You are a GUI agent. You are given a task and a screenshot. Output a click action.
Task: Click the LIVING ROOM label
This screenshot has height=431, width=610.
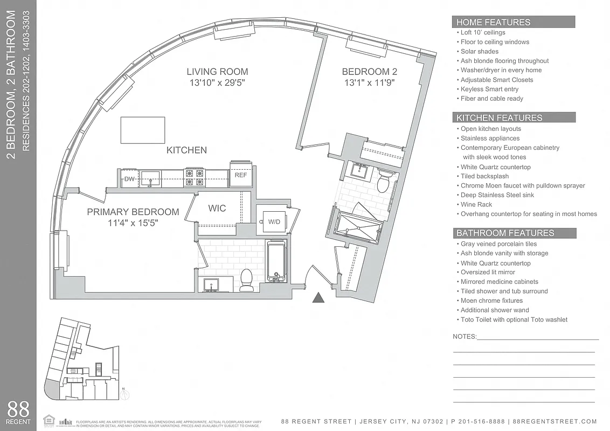[217, 72]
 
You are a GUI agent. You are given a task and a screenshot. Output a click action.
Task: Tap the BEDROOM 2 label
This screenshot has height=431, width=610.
[365, 72]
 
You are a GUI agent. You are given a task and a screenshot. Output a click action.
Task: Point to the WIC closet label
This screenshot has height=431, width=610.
[217, 208]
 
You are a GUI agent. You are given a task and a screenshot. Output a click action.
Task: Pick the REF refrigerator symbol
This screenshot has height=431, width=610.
[240, 175]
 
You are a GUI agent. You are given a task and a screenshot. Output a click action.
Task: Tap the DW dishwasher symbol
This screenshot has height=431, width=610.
[129, 179]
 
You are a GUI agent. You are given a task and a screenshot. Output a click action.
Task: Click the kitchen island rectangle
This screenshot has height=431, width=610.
[142, 130]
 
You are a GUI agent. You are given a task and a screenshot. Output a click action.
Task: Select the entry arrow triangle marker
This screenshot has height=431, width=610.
[318, 297]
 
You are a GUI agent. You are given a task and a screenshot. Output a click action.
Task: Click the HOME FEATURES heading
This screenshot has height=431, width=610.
[493, 22]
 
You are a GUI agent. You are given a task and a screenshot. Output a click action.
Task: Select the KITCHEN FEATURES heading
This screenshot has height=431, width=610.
[499, 117]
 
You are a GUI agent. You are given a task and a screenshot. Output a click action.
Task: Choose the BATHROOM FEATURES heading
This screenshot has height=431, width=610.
[505, 233]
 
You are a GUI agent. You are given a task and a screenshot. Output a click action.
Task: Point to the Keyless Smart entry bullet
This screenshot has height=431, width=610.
[489, 89]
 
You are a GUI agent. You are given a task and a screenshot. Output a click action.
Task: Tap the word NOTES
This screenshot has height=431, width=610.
[465, 336]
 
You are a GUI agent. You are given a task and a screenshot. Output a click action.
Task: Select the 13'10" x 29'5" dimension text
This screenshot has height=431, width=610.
[217, 84]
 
